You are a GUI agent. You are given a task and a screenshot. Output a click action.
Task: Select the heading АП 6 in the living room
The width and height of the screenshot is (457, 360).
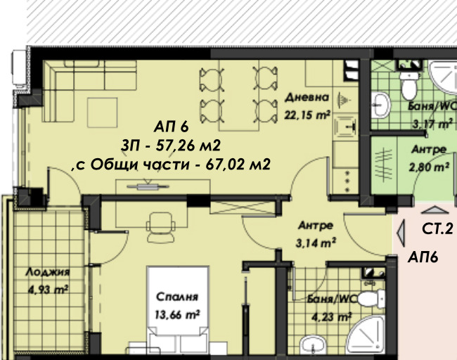172,127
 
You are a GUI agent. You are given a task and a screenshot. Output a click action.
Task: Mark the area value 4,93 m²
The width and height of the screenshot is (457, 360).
46,288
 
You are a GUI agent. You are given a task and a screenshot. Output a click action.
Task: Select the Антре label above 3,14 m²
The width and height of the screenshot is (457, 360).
316,226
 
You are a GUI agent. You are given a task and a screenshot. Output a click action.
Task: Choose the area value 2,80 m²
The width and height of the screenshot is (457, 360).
430,167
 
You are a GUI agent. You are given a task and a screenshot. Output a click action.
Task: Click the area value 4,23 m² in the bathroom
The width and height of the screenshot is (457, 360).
331,316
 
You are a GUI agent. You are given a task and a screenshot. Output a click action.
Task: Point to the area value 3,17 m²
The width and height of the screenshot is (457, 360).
432,124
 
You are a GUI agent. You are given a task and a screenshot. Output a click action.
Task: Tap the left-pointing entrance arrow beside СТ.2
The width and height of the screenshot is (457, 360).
401,230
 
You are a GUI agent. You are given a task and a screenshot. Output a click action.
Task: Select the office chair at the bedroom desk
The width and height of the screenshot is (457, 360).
162,226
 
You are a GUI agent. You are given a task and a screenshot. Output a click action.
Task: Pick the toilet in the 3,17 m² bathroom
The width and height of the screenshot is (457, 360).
407,86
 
